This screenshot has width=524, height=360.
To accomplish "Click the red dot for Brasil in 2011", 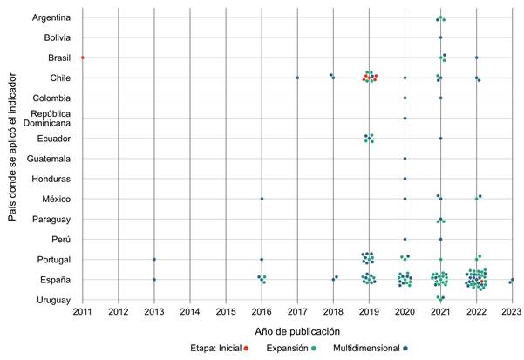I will (83, 58).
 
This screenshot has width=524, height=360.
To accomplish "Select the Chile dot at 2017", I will (297, 78).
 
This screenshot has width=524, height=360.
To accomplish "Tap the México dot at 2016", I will (262, 199).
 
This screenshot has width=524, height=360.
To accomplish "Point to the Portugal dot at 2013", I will (154, 259).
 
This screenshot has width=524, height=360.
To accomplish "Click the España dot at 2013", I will (154, 279).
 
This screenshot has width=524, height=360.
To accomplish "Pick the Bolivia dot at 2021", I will (440, 37).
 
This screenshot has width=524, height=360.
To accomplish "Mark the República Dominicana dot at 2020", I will (405, 118).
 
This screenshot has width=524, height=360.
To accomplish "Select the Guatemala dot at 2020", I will (405, 159).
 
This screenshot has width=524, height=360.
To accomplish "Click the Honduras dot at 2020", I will (405, 179).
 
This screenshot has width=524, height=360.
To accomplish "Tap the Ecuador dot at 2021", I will (440, 139).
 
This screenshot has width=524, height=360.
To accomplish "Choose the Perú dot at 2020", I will (405, 239).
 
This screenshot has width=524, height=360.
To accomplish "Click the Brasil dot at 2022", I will (476, 58).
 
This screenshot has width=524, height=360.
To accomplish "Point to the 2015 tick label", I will (226, 311).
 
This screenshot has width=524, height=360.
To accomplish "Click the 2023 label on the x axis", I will (511, 311).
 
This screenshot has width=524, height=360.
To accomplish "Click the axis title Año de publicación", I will (297, 331).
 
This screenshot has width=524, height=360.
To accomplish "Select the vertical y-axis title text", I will (13, 157).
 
